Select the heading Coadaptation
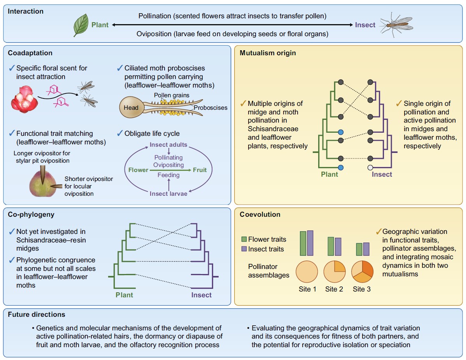pyautogui.click(x=30, y=53)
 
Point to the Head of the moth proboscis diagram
pyautogui.click(x=131, y=107)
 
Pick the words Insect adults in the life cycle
pyautogui.click(x=168, y=145)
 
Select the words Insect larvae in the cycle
pyautogui.click(x=168, y=193)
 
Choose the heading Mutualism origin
pyautogui.click(x=268, y=53)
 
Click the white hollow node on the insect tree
pyautogui.click(x=370, y=167)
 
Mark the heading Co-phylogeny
pyautogui.click(x=31, y=214)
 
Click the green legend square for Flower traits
pyautogui.click(x=244, y=239)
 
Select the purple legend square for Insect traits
pyautogui.click(x=244, y=249)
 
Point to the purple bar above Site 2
pyautogui.click(x=338, y=246)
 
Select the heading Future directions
pyautogui.click(x=37, y=314)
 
